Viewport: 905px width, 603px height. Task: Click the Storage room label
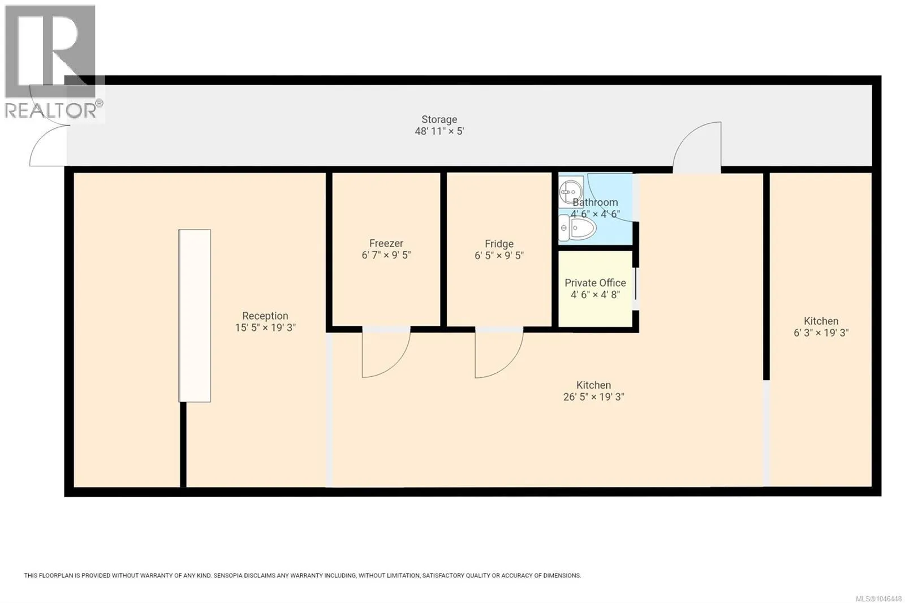(439, 119)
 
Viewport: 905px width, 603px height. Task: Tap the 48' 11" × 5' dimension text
(439, 131)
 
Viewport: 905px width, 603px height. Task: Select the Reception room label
(265, 316)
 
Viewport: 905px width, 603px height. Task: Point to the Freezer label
(386, 243)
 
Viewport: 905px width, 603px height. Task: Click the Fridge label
(499, 244)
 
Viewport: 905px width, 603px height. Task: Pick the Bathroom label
(595, 202)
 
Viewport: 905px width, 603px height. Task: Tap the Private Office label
(595, 283)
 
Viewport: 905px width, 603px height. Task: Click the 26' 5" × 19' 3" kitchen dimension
(593, 397)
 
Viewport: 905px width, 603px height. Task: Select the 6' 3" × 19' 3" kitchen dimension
(821, 333)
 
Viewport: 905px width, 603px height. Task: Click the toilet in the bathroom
(578, 228)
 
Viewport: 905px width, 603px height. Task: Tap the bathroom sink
(571, 192)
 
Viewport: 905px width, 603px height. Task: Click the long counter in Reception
(195, 316)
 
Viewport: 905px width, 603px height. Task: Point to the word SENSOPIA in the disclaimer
(229, 575)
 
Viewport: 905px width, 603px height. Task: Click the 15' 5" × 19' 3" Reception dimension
(265, 328)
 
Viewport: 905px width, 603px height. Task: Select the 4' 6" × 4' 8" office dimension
(595, 295)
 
